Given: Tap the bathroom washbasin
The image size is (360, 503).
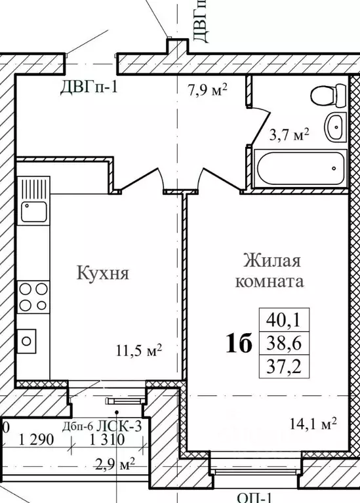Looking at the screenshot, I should pos(335,125).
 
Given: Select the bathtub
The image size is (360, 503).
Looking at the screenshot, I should pos(300,169).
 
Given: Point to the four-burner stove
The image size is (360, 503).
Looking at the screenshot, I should pos(33,296).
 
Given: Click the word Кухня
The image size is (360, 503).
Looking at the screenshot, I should pos(102,272).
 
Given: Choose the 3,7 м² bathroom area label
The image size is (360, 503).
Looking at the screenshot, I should pos(289,135).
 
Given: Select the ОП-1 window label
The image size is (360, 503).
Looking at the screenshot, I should pos(255,497).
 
